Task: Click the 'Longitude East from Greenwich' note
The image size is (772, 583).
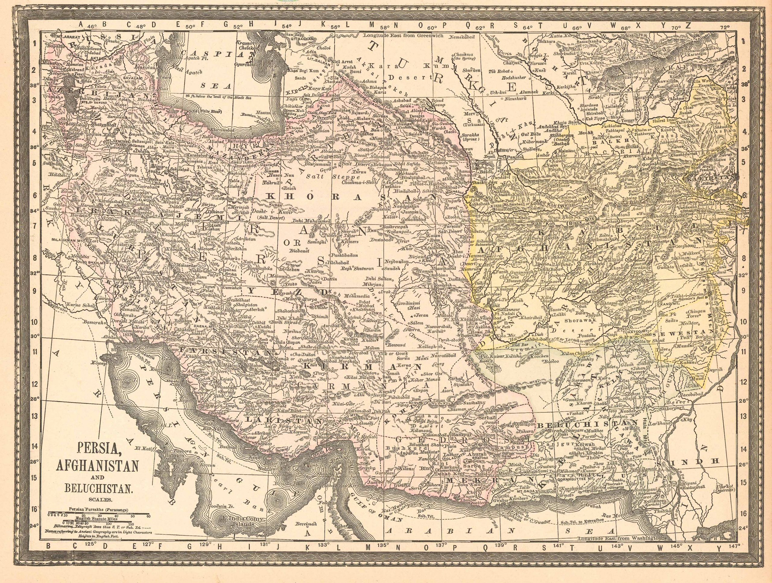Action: (403, 35)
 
